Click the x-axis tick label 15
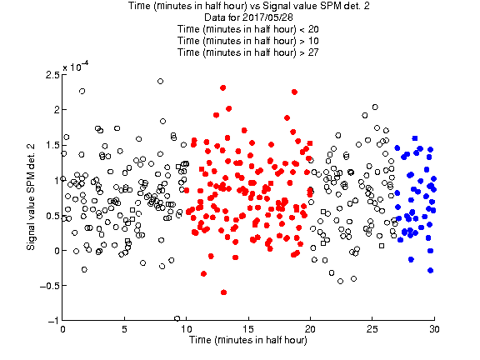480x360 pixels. pos(248,329)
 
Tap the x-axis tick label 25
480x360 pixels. pos(372,329)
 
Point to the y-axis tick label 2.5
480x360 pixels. pos(52,74)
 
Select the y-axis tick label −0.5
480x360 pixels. pos(50,286)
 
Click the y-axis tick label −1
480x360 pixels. pos(53,321)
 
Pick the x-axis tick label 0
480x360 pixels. pos(62,329)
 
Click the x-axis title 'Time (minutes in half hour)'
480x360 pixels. pos(248,340)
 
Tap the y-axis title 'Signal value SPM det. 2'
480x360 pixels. pos(31,197)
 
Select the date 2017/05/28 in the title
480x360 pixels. pos(266,17)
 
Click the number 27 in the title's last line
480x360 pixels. pos(313,52)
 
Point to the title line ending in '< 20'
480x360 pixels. pos(248,29)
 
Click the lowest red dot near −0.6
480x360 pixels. pos(223,292)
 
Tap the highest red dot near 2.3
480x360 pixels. pos(222,87)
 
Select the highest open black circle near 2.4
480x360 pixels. pos(160,81)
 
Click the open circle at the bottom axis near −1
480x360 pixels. pos(177,318)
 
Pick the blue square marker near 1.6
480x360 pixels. pos(415,138)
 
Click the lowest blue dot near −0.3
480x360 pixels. pos(430,270)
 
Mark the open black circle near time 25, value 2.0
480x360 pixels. pos(375,107)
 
